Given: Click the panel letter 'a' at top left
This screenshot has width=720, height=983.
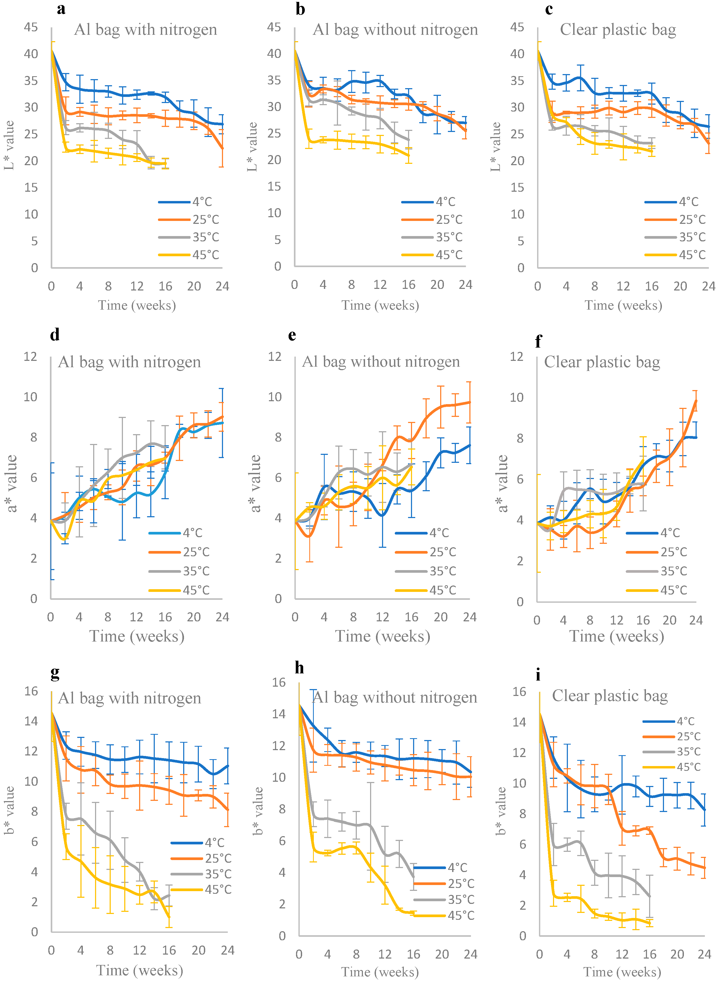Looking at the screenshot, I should [61, 9].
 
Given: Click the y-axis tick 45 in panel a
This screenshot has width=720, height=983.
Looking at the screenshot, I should [31, 27].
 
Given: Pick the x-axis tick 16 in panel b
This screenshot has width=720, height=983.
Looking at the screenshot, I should [408, 285].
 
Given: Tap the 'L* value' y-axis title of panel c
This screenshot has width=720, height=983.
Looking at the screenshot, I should [496, 147].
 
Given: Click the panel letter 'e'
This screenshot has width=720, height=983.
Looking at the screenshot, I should [292, 335].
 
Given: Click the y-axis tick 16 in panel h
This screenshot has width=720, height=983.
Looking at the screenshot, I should [279, 682].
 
